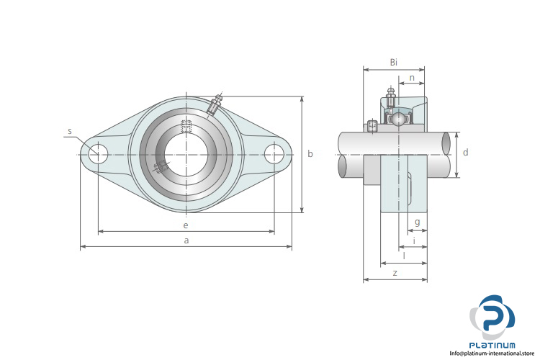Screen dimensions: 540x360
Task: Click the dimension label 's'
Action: point(70,131)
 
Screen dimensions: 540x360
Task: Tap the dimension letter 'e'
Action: point(186,225)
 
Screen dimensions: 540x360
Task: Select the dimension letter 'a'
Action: point(186,240)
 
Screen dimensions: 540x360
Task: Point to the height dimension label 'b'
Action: point(310,153)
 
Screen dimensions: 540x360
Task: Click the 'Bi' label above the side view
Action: point(394,63)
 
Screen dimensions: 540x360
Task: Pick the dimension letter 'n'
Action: point(412,78)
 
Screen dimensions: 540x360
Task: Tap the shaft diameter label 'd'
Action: point(466,152)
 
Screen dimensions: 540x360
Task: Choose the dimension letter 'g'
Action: point(418,222)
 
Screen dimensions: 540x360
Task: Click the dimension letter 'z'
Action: point(395,273)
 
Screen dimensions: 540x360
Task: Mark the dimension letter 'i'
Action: point(414,240)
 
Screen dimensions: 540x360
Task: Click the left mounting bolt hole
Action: point(98,154)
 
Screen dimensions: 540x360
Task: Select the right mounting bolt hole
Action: point(274,154)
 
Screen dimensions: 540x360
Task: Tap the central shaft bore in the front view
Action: point(186,155)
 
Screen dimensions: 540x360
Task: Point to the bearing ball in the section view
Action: point(398,120)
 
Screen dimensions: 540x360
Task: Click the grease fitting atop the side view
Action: point(390,96)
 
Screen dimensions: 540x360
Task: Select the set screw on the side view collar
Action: point(372,126)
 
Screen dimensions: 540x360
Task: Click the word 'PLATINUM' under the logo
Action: point(492,345)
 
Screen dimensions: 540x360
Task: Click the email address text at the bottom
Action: point(492,354)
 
